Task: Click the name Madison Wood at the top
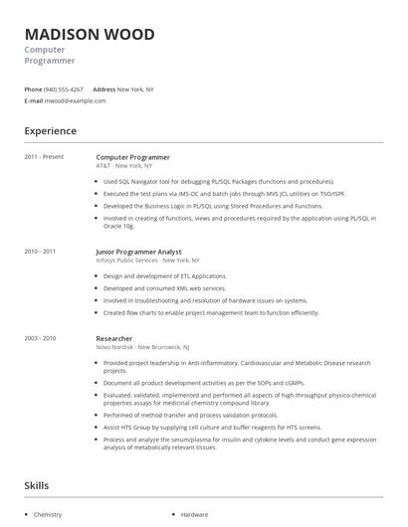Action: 90,35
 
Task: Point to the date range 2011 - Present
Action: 44,157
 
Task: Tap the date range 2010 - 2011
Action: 41,252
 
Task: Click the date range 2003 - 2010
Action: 41,338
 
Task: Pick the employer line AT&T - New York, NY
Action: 125,165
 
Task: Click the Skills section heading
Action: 38,485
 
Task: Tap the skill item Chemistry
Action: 48,515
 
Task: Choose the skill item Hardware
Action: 194,515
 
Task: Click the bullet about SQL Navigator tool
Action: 219,182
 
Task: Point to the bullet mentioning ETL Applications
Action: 165,275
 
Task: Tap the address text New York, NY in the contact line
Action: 136,89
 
